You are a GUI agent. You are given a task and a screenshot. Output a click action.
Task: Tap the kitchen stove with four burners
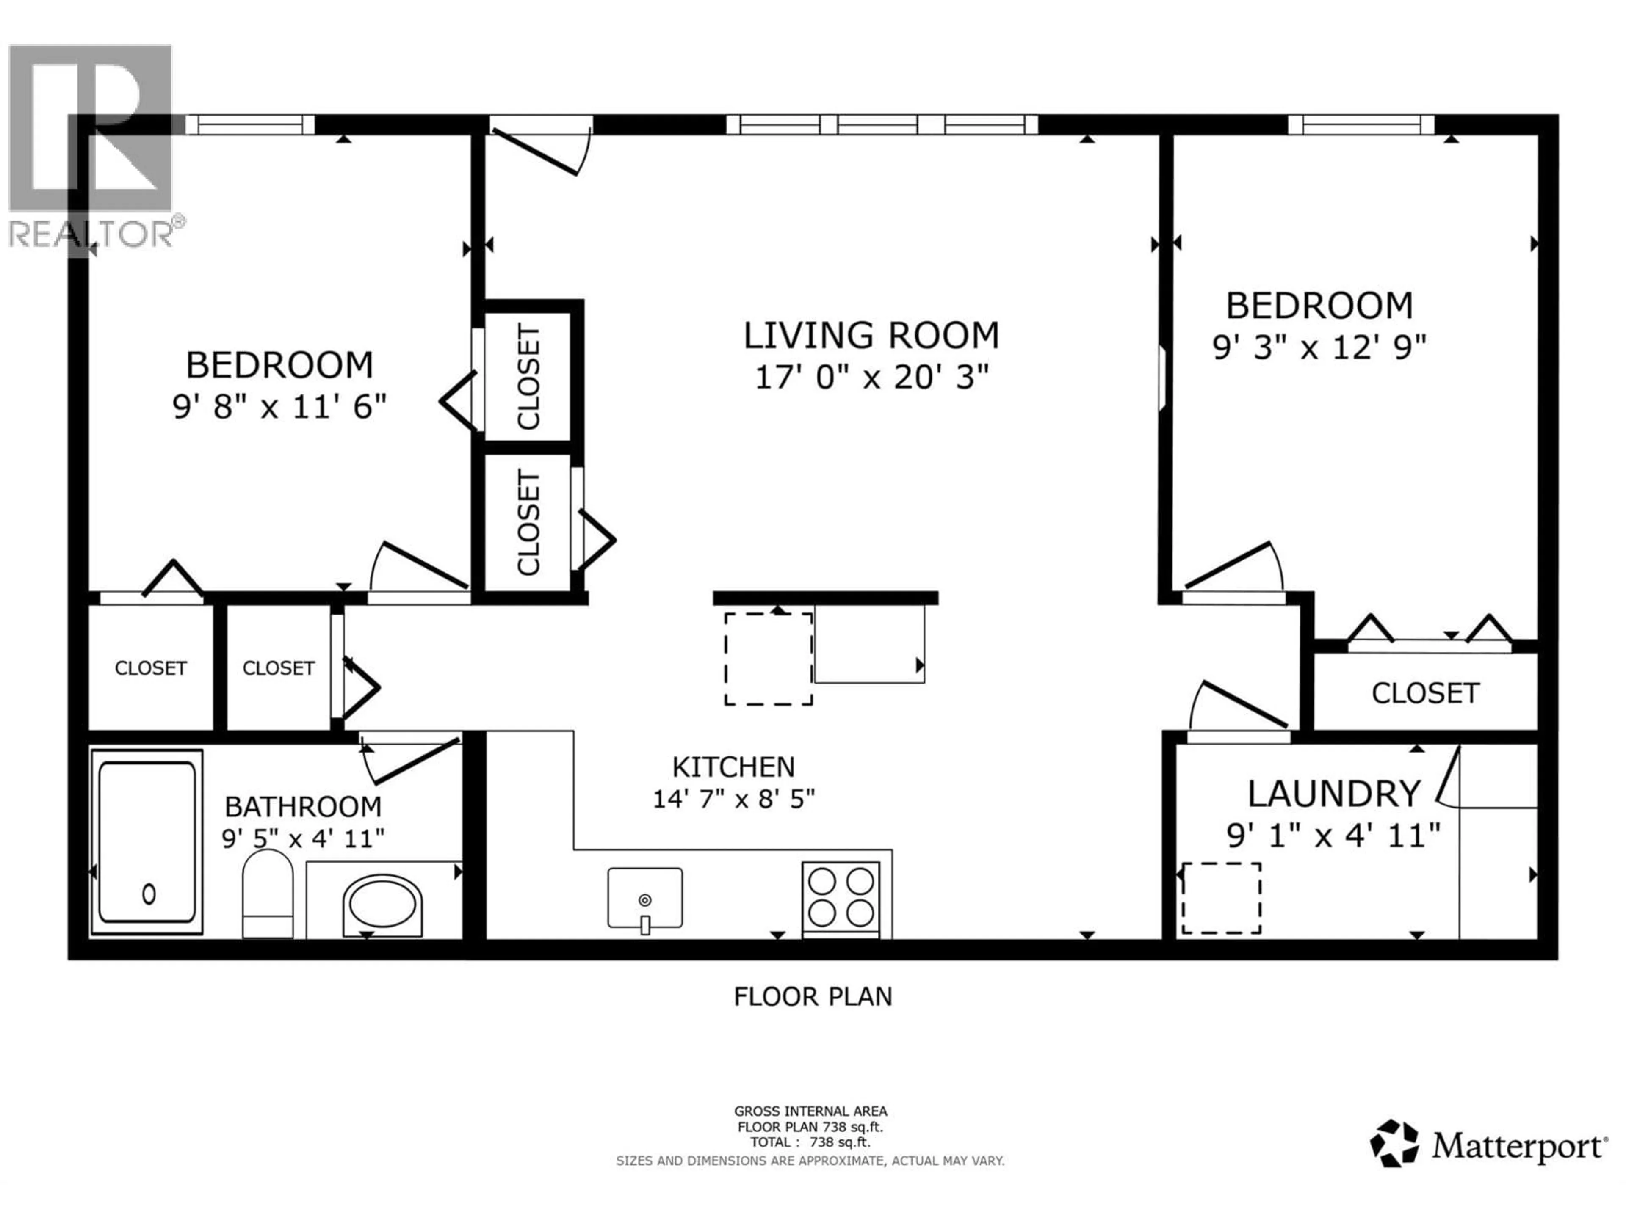coord(840,898)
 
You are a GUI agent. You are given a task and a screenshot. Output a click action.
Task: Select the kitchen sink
coord(644,898)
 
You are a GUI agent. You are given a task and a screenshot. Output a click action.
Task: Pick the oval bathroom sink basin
coord(382,904)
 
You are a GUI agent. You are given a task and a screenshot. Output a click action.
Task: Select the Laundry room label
coord(1333,794)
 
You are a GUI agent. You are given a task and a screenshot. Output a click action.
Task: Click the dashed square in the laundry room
coord(1221,898)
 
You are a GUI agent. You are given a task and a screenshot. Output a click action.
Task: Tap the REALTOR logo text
coord(92,234)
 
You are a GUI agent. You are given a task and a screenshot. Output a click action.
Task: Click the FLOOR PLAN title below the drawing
coord(812,997)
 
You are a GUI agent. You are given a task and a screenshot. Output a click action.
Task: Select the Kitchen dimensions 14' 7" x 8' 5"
coord(734,799)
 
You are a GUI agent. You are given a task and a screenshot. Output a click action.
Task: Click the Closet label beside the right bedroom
coord(1424,693)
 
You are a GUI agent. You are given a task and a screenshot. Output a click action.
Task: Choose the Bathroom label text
coord(303,807)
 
